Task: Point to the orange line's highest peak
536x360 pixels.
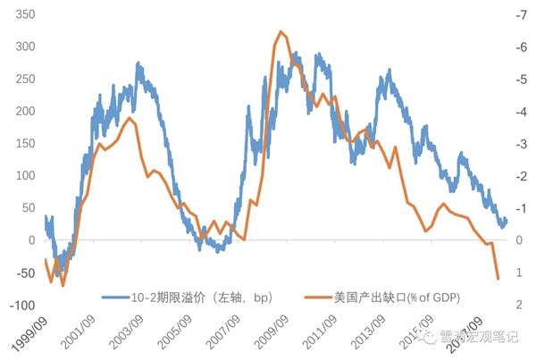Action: (x=281, y=32)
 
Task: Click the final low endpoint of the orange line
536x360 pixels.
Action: (x=498, y=279)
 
